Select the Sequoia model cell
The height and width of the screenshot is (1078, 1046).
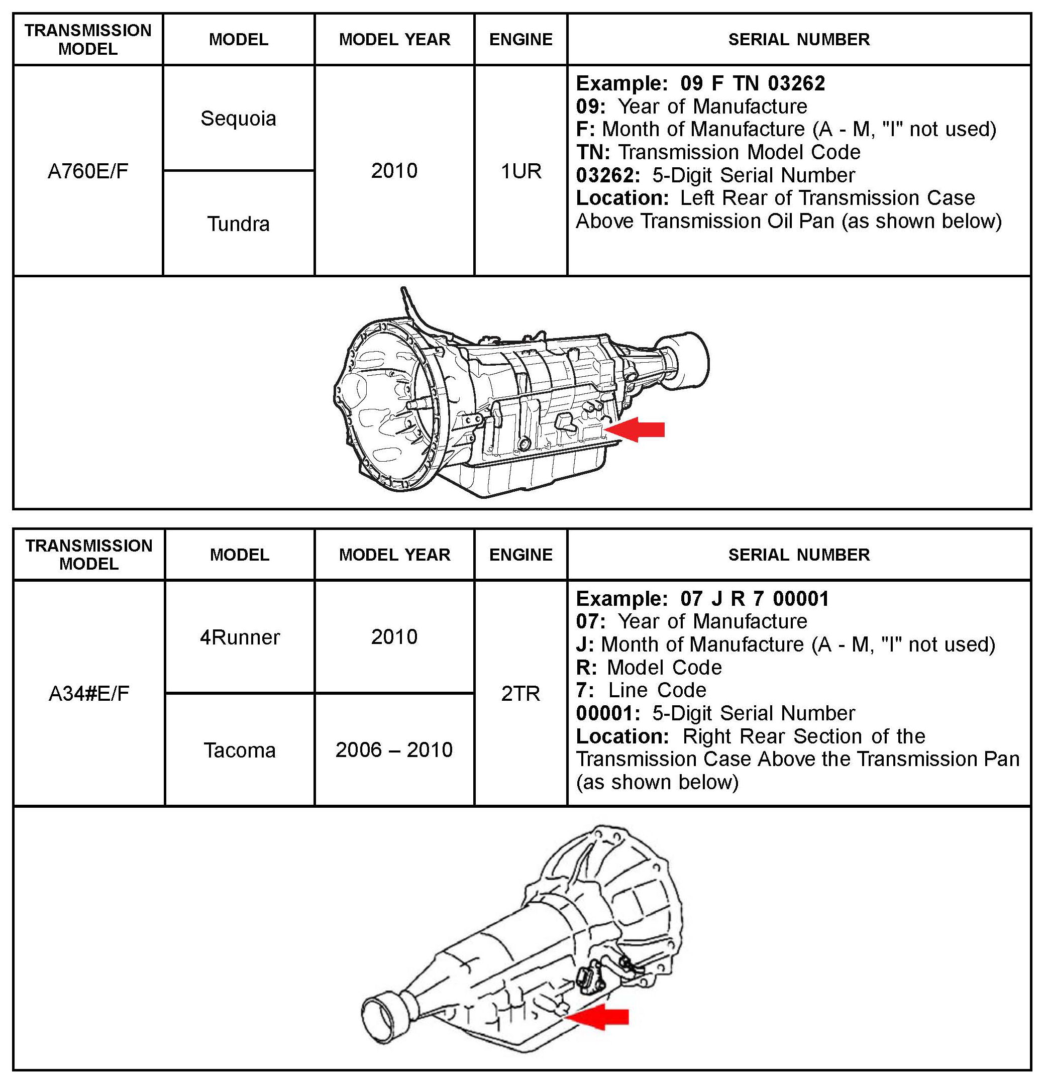click(238, 118)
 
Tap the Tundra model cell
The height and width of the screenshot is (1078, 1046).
click(238, 224)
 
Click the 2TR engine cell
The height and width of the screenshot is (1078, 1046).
click(520, 694)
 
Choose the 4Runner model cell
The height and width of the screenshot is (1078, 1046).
click(239, 637)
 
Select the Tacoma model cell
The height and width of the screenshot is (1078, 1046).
click(239, 750)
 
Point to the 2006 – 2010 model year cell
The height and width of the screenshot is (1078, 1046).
click(394, 750)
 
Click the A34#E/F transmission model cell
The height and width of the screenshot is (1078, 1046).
click(88, 694)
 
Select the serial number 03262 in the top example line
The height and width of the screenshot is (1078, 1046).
click(796, 83)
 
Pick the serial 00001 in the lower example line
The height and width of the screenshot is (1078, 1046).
click(800, 598)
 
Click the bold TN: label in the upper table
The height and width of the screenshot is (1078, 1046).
click(593, 152)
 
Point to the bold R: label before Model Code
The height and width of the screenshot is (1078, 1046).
click(586, 667)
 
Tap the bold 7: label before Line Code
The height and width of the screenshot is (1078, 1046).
click(585, 690)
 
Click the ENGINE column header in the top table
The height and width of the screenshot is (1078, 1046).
click(520, 40)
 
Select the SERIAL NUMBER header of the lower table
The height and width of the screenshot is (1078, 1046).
click(798, 555)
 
